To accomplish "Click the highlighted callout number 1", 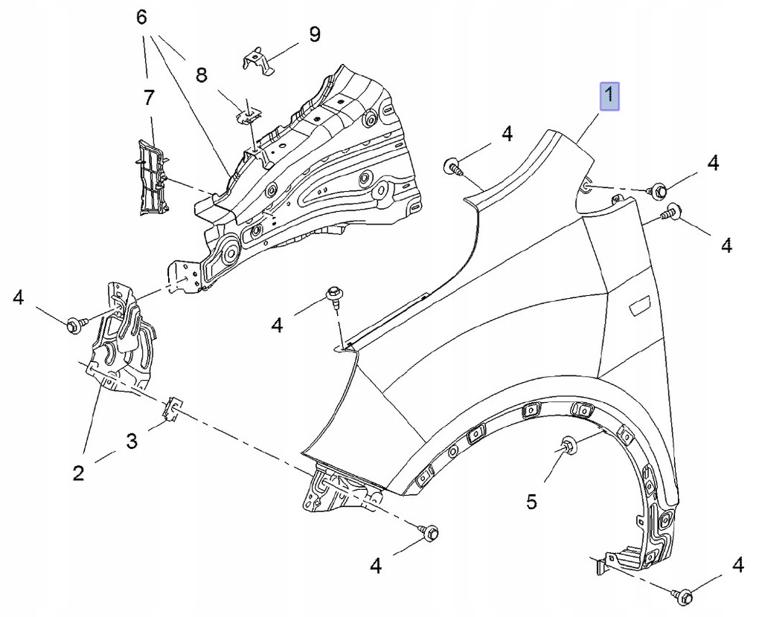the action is click(609, 96).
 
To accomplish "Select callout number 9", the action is click(315, 34).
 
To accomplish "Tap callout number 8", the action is click(202, 75).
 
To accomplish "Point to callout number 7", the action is click(149, 98).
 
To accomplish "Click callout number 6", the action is click(141, 18).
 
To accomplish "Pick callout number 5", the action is click(531, 501).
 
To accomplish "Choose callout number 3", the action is click(131, 442).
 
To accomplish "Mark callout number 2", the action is click(79, 472).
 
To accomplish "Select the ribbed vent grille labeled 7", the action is click(151, 177).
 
